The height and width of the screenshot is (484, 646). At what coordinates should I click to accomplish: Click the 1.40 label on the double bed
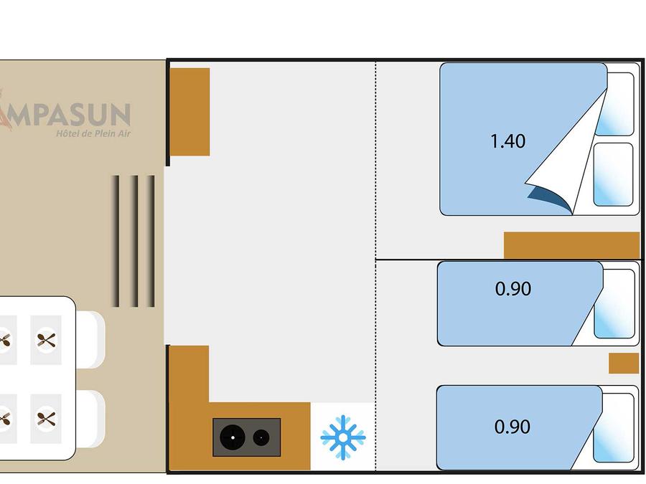(507, 141)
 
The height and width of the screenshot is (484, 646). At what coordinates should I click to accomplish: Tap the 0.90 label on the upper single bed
(513, 288)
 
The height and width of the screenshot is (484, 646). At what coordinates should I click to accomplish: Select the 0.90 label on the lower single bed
(512, 427)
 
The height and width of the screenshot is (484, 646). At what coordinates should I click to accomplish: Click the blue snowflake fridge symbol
(343, 437)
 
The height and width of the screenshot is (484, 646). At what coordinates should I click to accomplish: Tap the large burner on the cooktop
(233, 437)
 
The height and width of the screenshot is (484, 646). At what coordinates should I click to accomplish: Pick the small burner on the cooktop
(261, 437)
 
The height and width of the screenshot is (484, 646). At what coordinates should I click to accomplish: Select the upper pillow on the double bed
(615, 104)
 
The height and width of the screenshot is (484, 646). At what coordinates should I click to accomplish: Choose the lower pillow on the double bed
(614, 174)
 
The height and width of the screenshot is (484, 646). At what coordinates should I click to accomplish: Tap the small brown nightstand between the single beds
(623, 363)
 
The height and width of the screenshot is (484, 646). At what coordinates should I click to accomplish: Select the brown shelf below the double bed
(571, 245)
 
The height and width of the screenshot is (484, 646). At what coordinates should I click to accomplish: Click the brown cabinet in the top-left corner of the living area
(189, 111)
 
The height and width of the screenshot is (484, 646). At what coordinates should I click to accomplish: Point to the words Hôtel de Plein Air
(93, 133)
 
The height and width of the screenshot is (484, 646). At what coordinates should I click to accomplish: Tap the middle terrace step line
(134, 241)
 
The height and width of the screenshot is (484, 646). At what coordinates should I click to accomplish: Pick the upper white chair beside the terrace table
(91, 339)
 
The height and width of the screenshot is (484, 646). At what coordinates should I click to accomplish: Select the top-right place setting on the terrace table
(46, 339)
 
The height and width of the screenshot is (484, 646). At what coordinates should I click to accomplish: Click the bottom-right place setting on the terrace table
(46, 417)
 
